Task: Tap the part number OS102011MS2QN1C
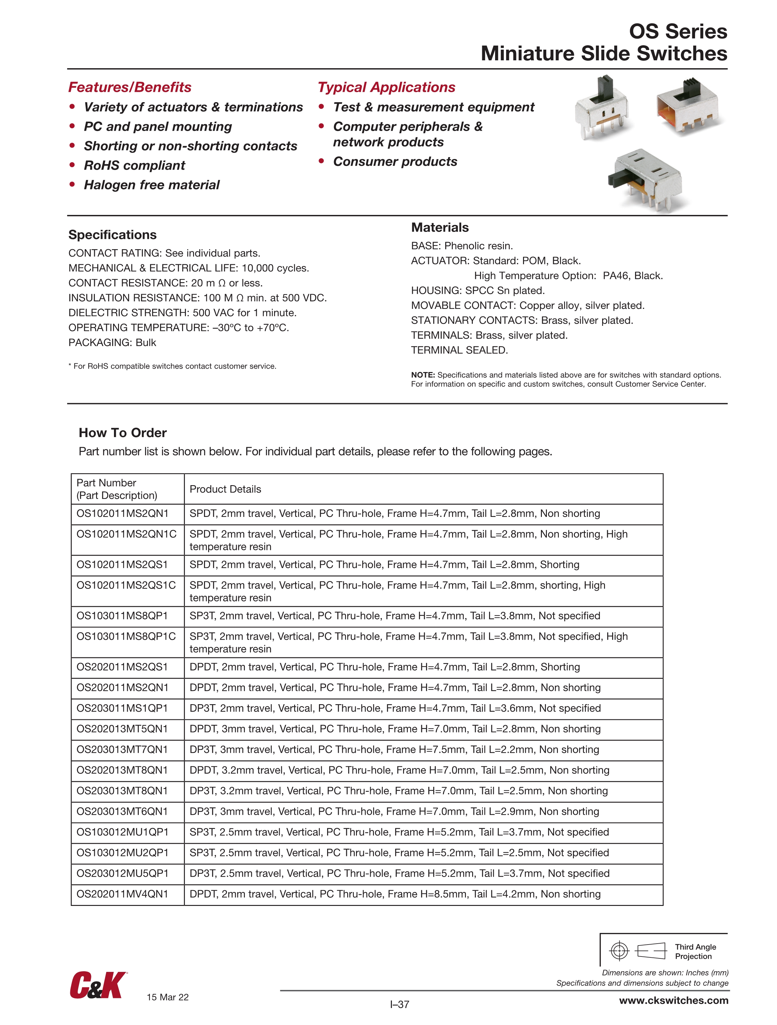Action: coord(127,534)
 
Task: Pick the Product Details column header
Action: coord(225,489)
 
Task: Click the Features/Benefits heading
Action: coord(130,87)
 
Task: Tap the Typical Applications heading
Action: coord(386,87)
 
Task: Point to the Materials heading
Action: coord(440,227)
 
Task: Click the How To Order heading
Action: coord(123,432)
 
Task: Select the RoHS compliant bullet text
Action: coord(134,165)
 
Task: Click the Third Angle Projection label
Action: coord(695,951)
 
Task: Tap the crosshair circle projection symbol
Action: coord(619,951)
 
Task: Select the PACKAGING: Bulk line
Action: coord(112,343)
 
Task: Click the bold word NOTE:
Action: coord(423,375)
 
